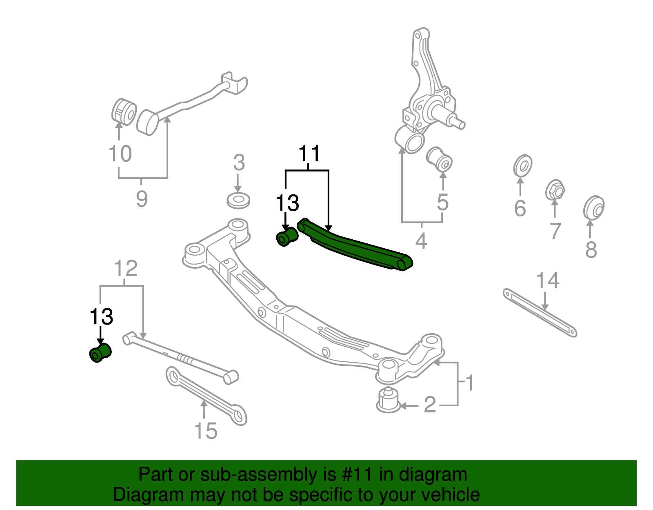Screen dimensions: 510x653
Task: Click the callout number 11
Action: (x=309, y=154)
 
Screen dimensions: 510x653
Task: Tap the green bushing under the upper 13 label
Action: (x=287, y=237)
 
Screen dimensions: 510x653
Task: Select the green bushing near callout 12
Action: (x=100, y=353)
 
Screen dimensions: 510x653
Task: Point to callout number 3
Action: (x=239, y=163)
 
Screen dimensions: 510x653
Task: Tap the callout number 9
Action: (x=141, y=199)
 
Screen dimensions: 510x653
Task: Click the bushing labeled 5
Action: (x=440, y=159)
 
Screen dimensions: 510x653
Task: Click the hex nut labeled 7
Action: (x=555, y=190)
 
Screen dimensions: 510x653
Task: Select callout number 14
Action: (x=547, y=281)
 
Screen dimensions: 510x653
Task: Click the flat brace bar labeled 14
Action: (x=540, y=313)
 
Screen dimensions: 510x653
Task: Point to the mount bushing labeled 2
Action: (x=388, y=400)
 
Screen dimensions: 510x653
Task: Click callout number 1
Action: (x=469, y=383)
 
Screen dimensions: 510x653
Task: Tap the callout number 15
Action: (x=205, y=431)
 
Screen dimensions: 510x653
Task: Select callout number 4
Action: (x=421, y=241)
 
